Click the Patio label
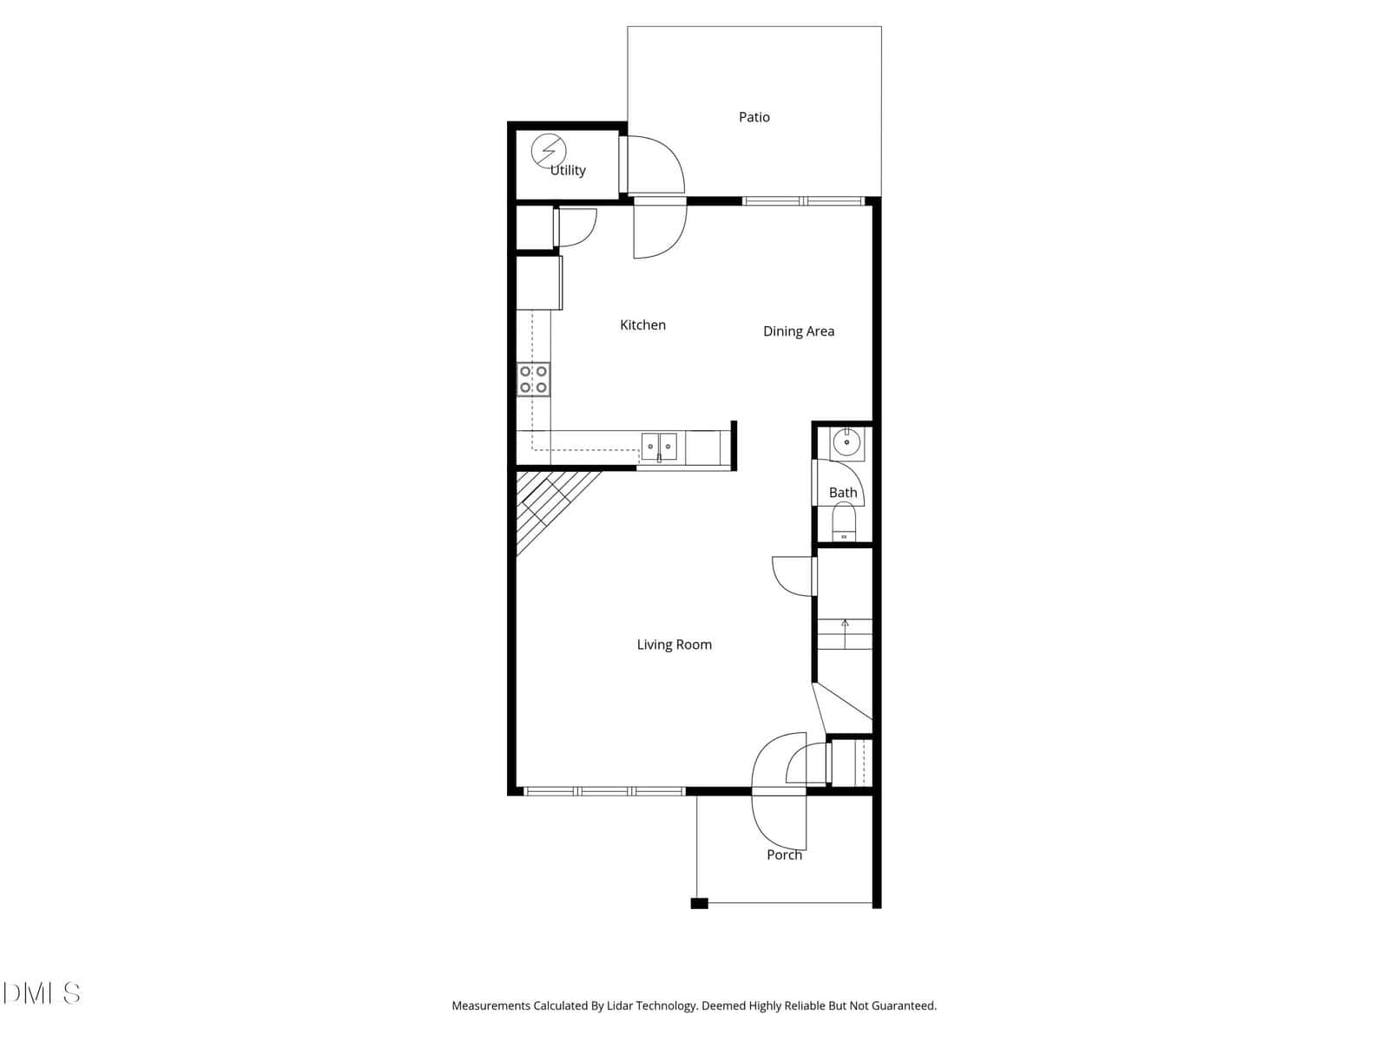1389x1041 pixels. pyautogui.click(x=754, y=117)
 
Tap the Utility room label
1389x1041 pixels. pyautogui.click(x=568, y=170)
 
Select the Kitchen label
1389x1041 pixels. pyautogui.click(x=642, y=324)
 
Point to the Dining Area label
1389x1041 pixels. pyautogui.click(x=799, y=331)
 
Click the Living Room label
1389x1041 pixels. pyautogui.click(x=674, y=645)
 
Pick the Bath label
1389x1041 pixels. pyautogui.click(x=843, y=493)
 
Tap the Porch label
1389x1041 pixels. pyautogui.click(x=784, y=854)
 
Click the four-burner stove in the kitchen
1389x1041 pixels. pyautogui.click(x=533, y=379)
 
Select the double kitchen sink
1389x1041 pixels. pyautogui.click(x=659, y=447)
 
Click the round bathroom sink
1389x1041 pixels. pyautogui.click(x=846, y=442)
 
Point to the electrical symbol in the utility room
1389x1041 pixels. pyautogui.click(x=549, y=151)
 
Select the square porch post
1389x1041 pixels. pyautogui.click(x=699, y=903)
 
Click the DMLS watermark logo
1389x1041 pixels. pyautogui.click(x=41, y=993)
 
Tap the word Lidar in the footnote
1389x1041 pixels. pyautogui.click(x=620, y=1005)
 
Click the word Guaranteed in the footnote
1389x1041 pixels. pyautogui.click(x=904, y=1005)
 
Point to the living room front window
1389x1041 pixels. pyautogui.click(x=604, y=790)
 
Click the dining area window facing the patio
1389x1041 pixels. pyautogui.click(x=803, y=201)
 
